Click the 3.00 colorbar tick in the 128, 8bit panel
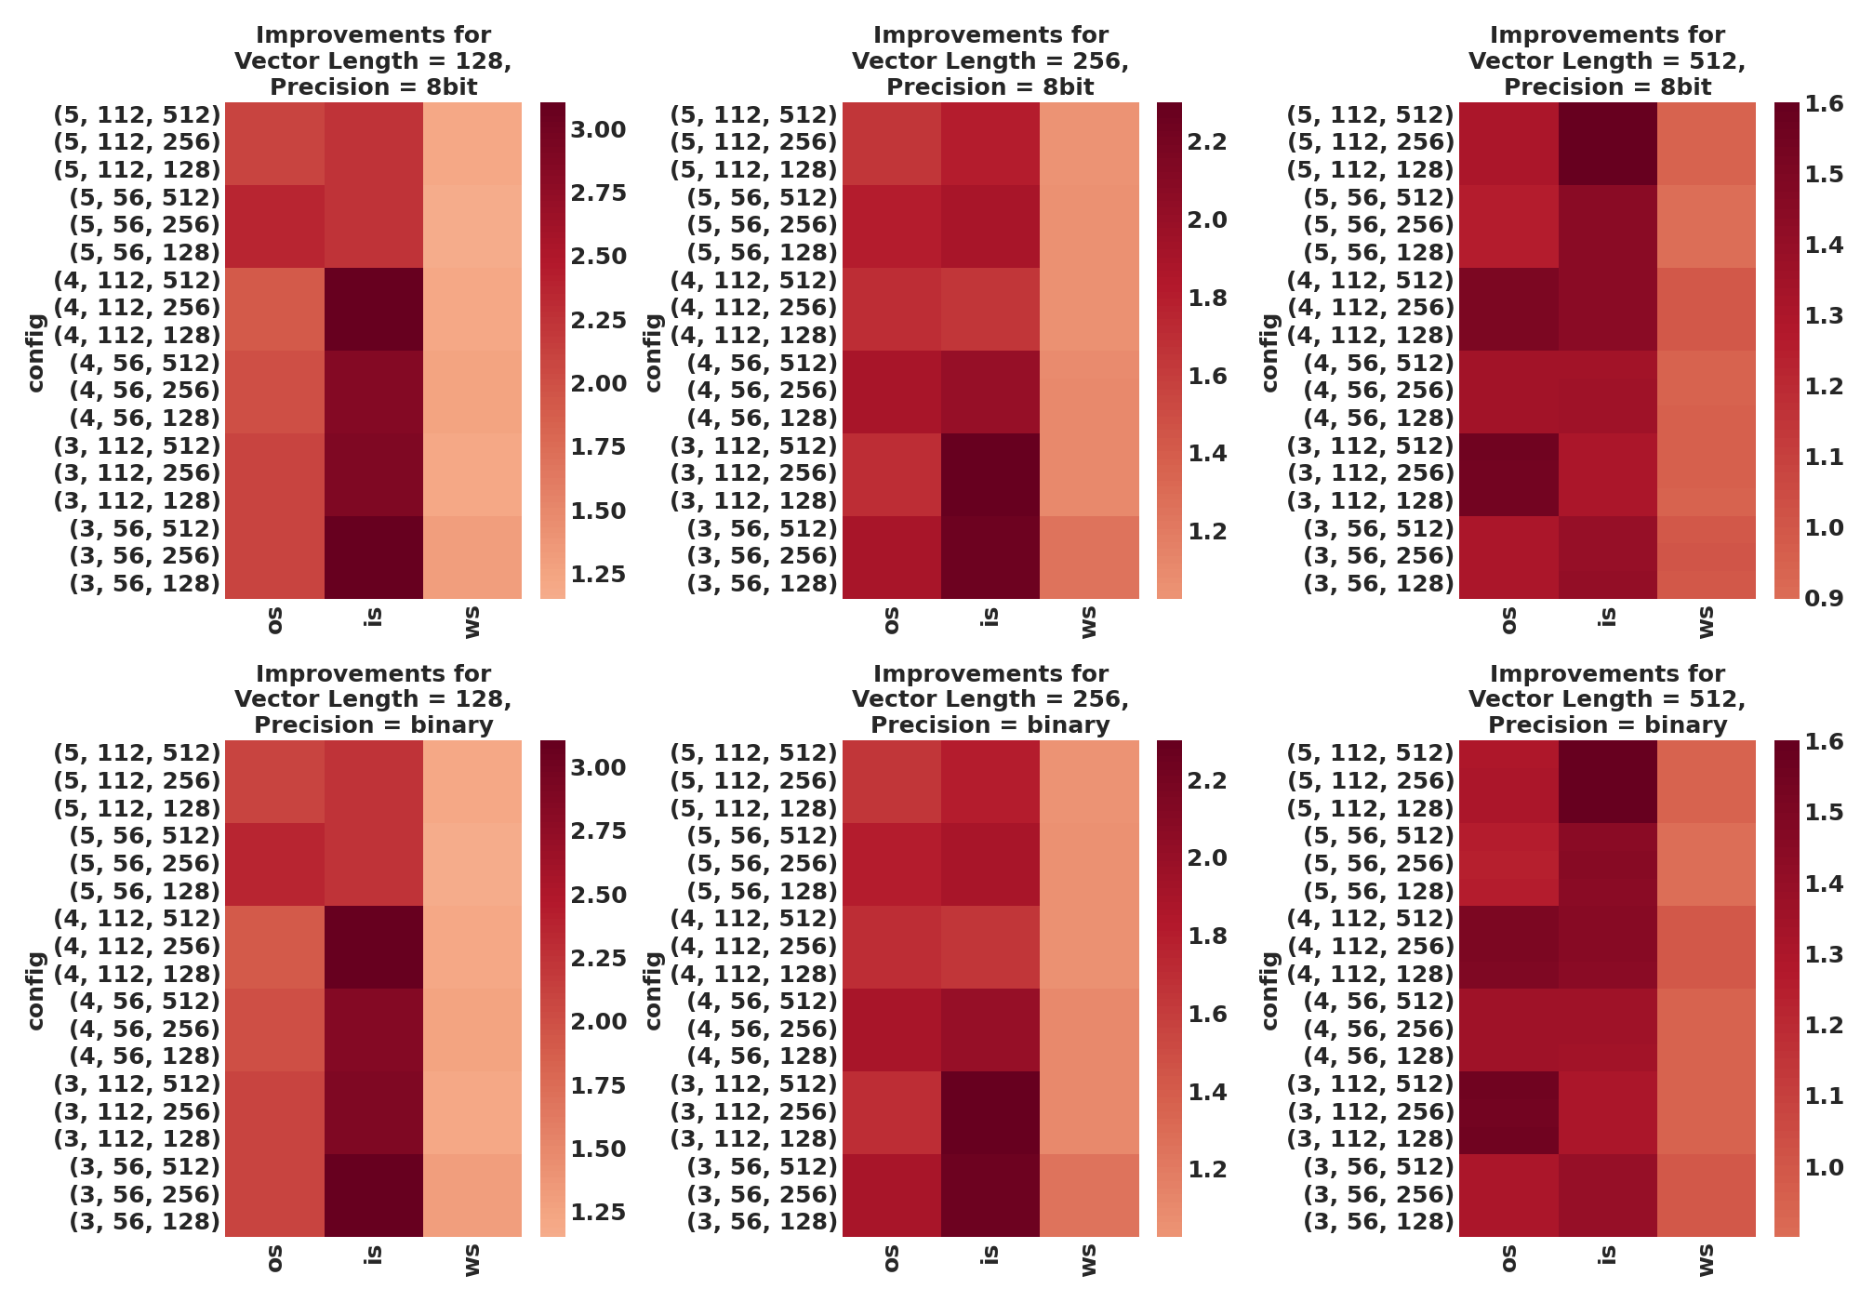pos(597,129)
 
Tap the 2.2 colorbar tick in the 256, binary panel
pos(1207,780)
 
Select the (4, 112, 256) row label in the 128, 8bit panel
pos(137,308)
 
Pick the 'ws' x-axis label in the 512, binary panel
pos(1706,1261)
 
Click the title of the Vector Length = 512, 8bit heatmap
pos(1606,61)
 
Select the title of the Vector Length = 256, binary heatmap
pos(990,699)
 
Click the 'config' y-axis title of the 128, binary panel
pos(35,990)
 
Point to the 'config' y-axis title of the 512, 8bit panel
pos(1269,352)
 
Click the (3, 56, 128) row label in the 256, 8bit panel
pos(762,584)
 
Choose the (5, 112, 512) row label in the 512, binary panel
pos(1370,752)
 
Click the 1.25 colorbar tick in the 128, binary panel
pos(597,1212)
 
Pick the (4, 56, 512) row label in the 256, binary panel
pos(762,1002)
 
